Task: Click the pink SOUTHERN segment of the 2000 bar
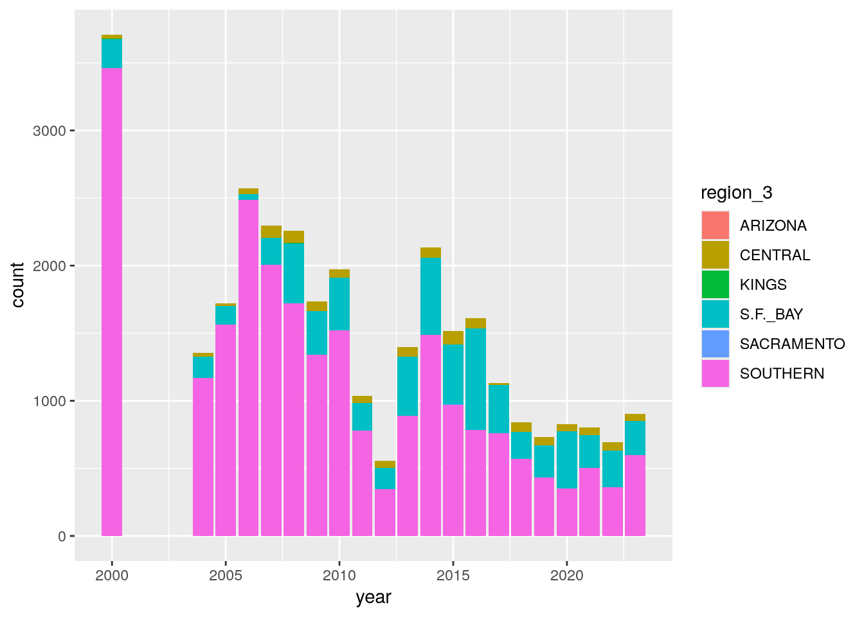tap(112, 302)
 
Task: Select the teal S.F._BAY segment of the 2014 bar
tap(431, 296)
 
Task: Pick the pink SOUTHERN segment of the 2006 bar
tap(248, 368)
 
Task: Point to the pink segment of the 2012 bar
tap(385, 512)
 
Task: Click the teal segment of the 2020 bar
tap(567, 460)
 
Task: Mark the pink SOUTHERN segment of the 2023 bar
tap(635, 495)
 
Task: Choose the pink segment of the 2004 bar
tap(203, 456)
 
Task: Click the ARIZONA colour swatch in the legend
tap(715, 226)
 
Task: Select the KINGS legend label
tap(763, 285)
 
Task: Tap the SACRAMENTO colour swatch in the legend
tap(715, 344)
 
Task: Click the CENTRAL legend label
tap(775, 255)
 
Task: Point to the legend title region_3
tap(736, 193)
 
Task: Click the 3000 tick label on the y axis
tap(49, 131)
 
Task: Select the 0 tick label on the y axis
tap(62, 536)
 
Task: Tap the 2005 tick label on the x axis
tap(226, 575)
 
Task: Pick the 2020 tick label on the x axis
tap(567, 575)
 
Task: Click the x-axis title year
tap(373, 598)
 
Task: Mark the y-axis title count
tap(18, 285)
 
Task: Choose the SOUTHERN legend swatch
tap(715, 373)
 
